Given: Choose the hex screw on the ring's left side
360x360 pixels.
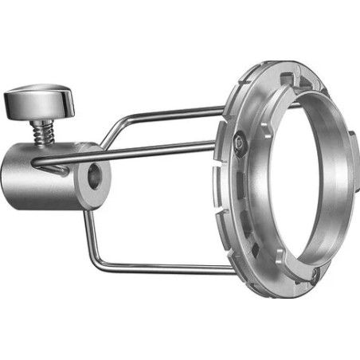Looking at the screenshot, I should pyautogui.click(x=239, y=142).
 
